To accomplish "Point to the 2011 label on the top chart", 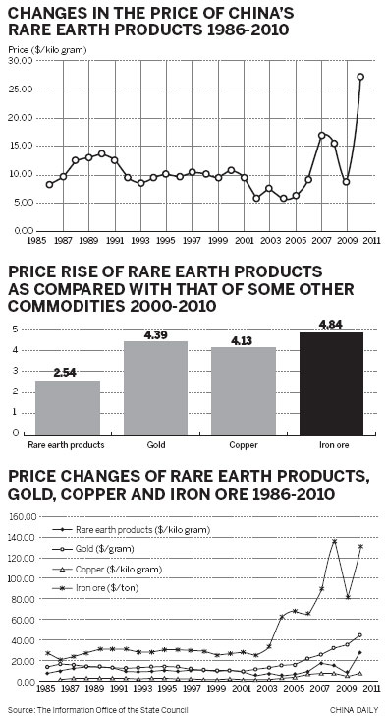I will click(373, 239).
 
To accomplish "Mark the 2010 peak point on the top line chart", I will click(360, 76).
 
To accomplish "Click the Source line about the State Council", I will click(97, 709).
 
